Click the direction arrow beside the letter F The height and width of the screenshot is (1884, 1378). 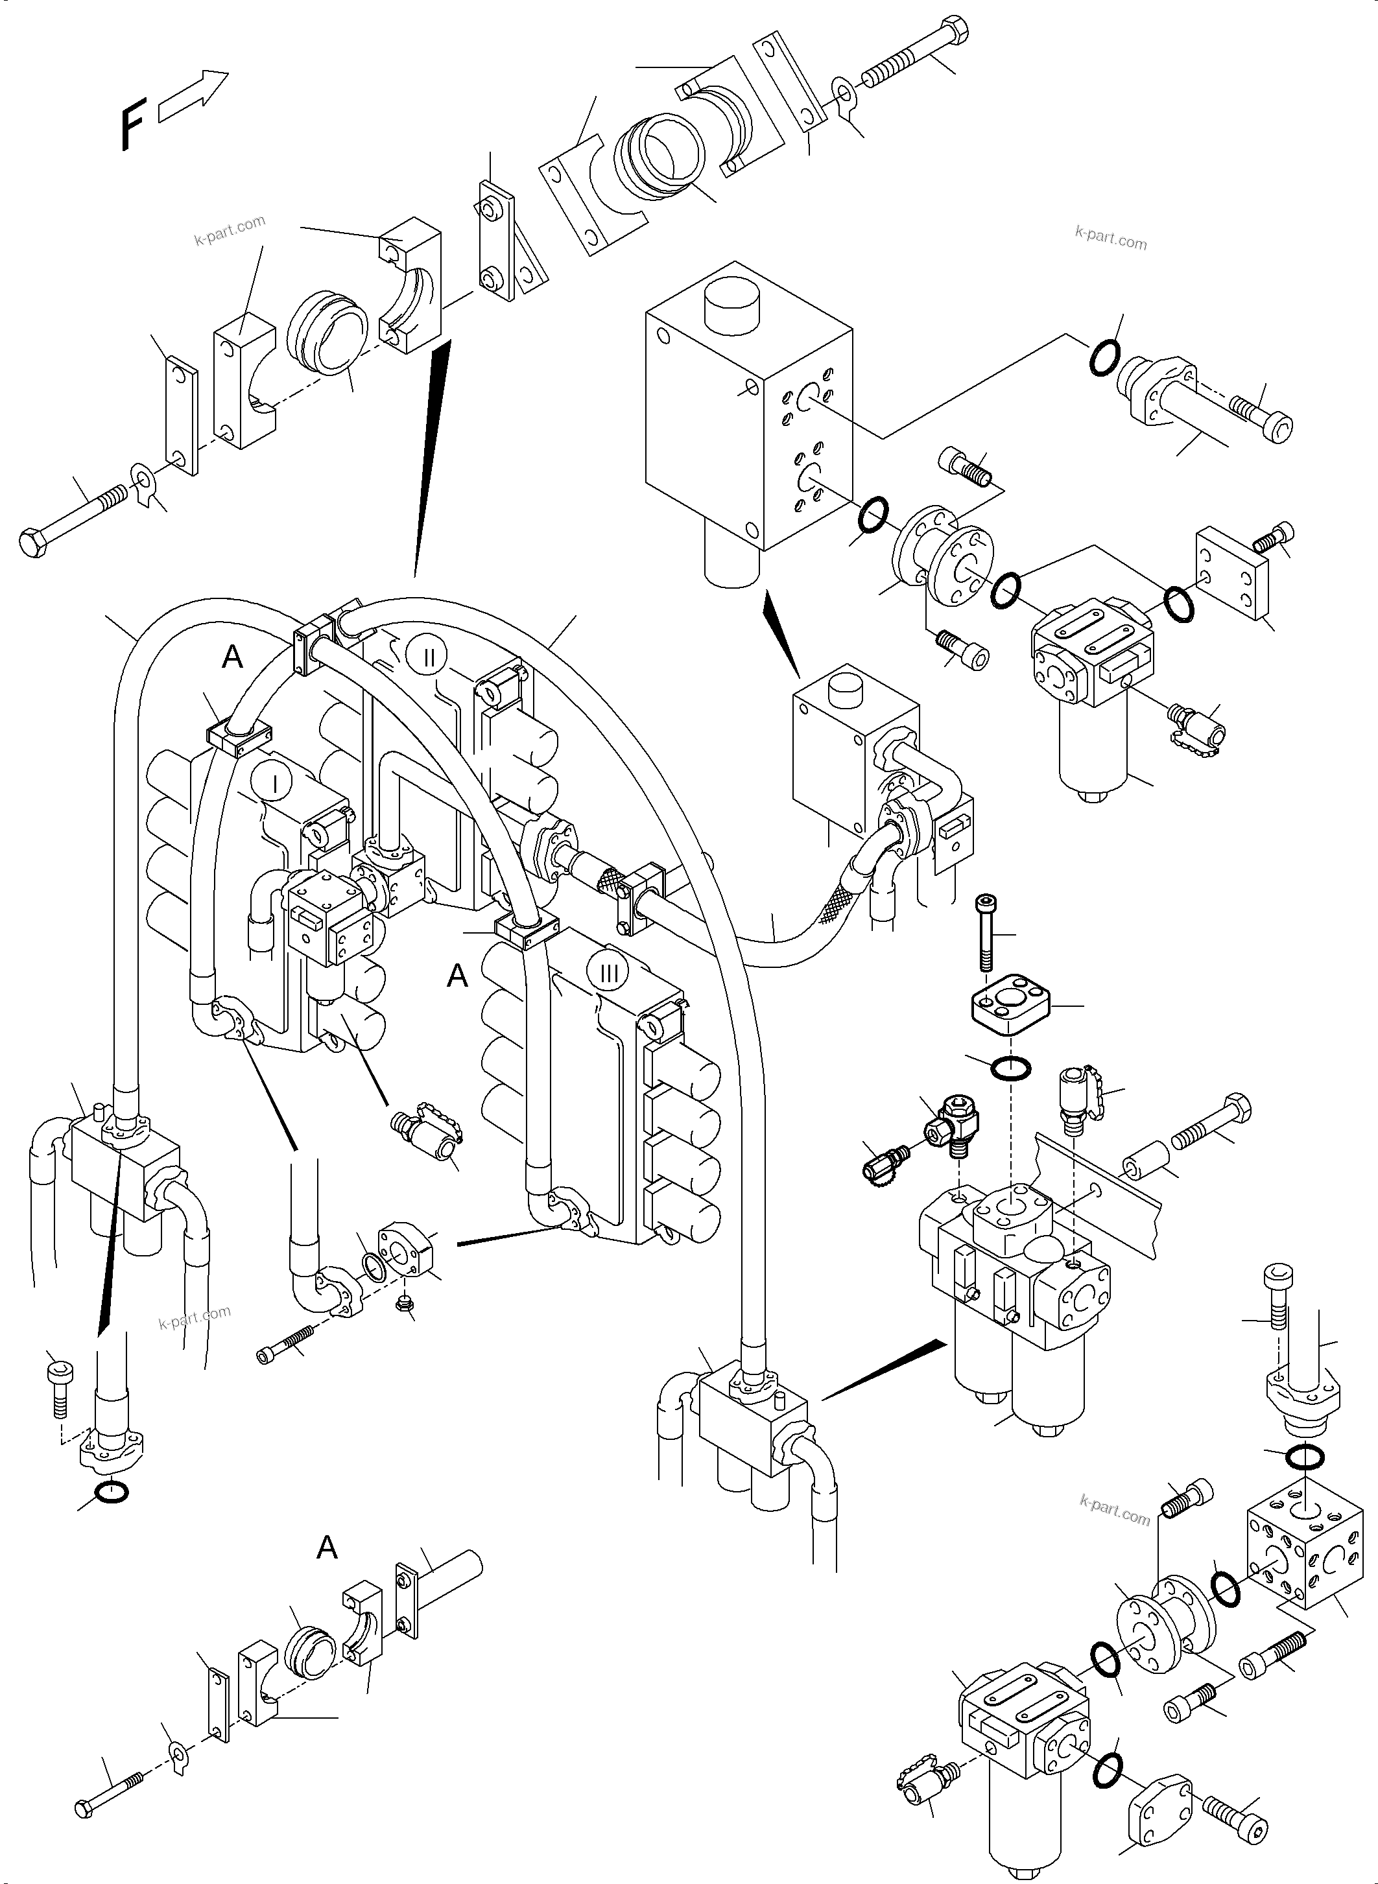tap(193, 97)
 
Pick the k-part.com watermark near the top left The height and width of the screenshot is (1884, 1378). tap(230, 230)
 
